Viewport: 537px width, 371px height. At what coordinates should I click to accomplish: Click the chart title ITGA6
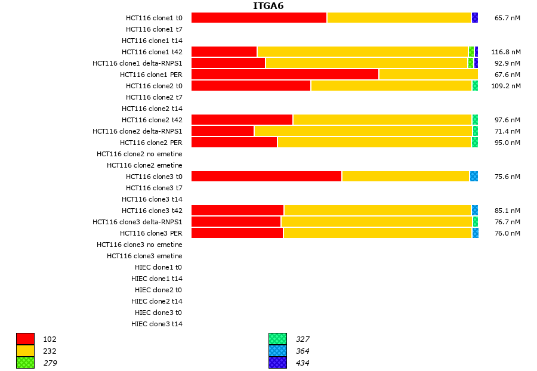click(x=268, y=6)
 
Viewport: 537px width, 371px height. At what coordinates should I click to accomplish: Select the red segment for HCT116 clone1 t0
click(x=259, y=17)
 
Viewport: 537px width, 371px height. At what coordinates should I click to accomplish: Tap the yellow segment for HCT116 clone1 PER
click(x=428, y=74)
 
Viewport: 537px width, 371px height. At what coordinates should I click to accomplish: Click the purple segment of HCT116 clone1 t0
click(x=474, y=17)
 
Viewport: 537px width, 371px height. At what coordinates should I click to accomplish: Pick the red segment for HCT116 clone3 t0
click(x=266, y=176)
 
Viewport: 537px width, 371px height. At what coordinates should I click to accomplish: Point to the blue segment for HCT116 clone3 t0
click(x=474, y=176)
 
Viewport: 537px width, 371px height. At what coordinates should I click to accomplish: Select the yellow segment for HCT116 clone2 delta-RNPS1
click(x=363, y=131)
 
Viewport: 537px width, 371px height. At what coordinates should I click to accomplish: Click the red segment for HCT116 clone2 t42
click(x=242, y=119)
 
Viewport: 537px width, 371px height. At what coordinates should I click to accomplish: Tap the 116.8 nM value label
click(x=505, y=52)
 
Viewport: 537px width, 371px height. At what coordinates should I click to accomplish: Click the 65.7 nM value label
click(x=507, y=18)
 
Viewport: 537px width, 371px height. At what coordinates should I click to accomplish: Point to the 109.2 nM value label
click(x=505, y=86)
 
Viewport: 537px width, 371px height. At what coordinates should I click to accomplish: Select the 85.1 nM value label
click(x=507, y=211)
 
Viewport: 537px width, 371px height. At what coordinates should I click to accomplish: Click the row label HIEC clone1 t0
click(x=158, y=267)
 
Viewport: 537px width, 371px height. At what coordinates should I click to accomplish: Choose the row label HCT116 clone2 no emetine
click(x=140, y=154)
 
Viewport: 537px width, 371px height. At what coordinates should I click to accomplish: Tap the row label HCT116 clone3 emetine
click(x=144, y=256)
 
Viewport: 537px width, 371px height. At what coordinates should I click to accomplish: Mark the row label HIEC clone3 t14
click(x=157, y=324)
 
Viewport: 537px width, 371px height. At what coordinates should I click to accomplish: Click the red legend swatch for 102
click(x=25, y=339)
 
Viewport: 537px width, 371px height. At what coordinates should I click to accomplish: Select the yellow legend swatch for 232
click(x=25, y=351)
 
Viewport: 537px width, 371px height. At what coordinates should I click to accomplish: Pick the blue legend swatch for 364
click(x=277, y=351)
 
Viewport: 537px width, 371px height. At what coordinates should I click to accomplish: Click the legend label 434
click(x=303, y=363)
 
